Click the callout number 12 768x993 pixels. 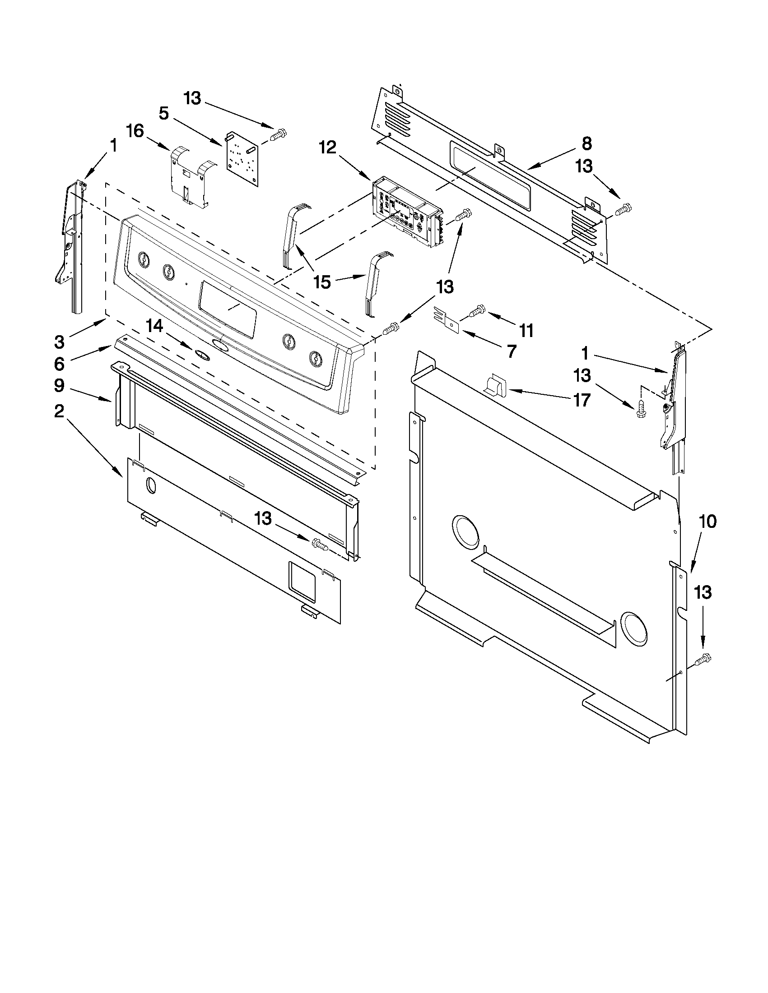(x=328, y=147)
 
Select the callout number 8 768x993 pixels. (x=586, y=143)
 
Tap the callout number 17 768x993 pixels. (x=582, y=400)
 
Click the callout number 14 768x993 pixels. (x=154, y=326)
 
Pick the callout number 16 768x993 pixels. (x=135, y=131)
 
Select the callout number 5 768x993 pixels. (x=164, y=113)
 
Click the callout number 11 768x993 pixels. (x=526, y=331)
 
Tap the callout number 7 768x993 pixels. (x=512, y=351)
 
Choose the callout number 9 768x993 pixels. (x=59, y=386)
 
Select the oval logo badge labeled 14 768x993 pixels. (x=202, y=355)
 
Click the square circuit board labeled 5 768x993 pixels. (x=242, y=159)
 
